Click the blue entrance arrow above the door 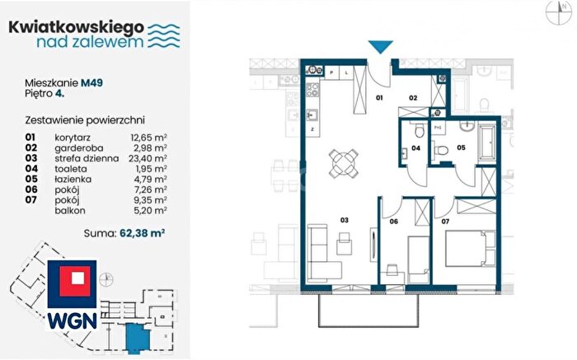tap(381, 47)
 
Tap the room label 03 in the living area tap(344, 220)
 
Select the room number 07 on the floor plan tap(445, 222)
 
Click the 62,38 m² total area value tap(142, 233)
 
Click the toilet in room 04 tap(419, 130)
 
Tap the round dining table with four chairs tap(344, 163)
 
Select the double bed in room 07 tap(470, 248)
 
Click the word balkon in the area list tap(70, 211)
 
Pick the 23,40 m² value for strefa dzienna tap(148, 158)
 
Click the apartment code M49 tap(91, 82)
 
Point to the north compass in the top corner tap(559, 12)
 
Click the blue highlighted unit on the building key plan tap(138, 338)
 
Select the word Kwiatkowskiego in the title tap(76, 28)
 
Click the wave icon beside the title tap(164, 36)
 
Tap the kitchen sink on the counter tap(312, 115)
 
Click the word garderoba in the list tap(79, 148)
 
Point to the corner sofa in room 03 tap(323, 253)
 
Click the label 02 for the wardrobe tap(413, 98)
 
